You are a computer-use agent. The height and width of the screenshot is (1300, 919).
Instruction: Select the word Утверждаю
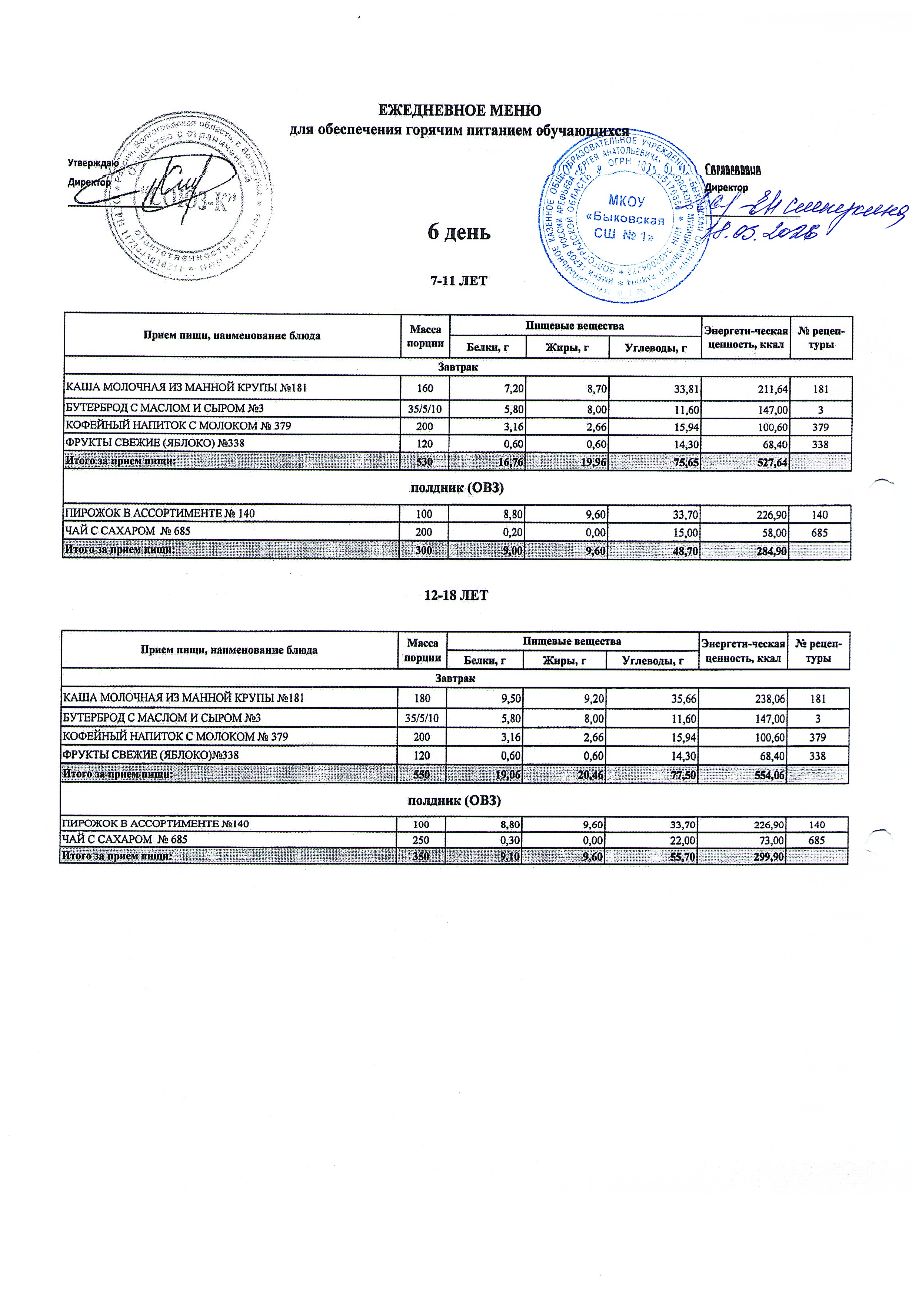93,163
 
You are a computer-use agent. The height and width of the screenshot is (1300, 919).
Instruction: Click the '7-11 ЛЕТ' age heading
459,281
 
